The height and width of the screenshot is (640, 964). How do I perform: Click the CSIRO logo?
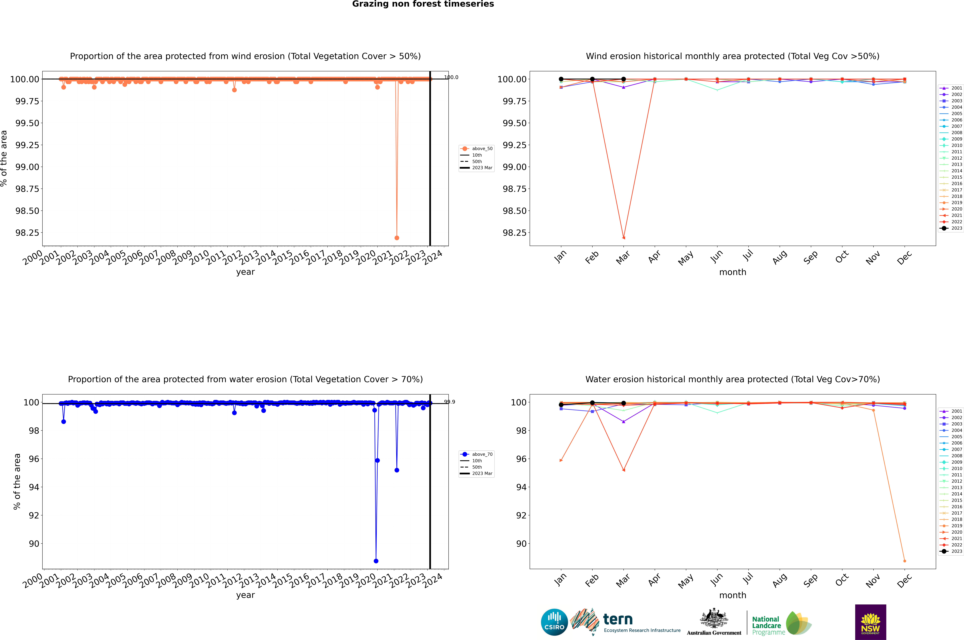554,622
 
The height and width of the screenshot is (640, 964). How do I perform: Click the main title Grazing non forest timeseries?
423,4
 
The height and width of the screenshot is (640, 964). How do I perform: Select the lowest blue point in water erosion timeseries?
376,561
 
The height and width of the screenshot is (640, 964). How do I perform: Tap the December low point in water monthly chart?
904,561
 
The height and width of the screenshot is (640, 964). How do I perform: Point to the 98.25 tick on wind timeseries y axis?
27,233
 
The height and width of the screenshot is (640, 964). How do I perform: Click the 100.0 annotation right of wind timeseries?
451,77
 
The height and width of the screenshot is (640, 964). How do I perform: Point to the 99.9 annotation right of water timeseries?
450,402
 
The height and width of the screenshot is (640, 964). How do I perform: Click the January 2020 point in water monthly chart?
561,460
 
